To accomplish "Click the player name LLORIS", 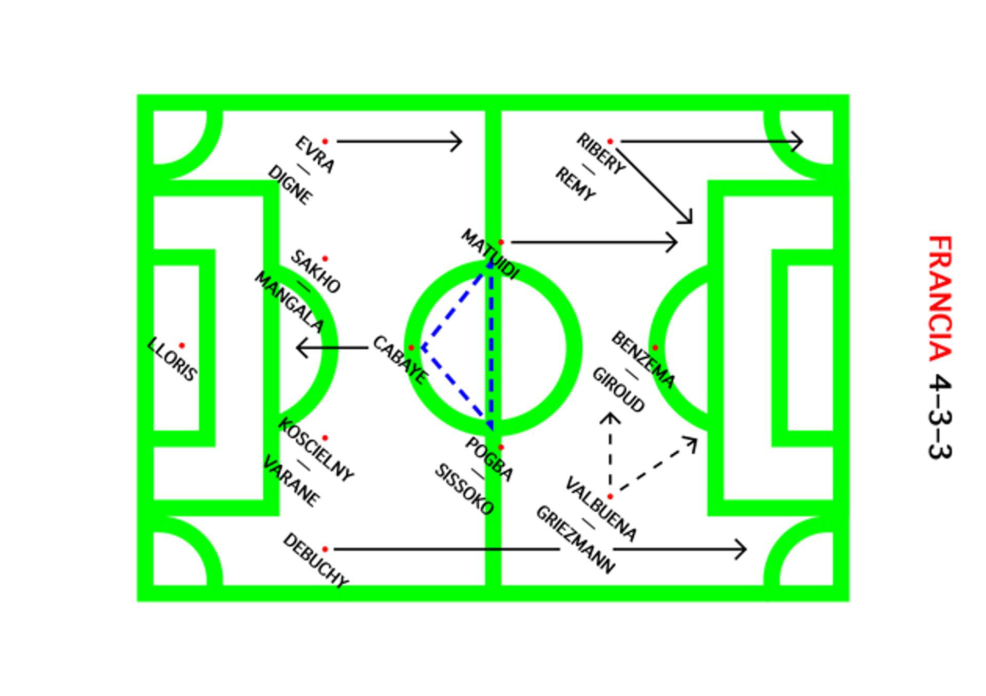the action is (172, 360).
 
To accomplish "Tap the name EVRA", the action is (315, 154).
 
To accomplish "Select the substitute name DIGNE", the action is (290, 185).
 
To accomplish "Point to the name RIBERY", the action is (601, 153).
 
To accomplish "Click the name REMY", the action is (575, 184).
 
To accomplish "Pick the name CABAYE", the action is (400, 360).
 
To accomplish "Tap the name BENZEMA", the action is (642, 359).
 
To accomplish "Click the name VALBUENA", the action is (601, 509).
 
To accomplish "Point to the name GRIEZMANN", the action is (575, 539).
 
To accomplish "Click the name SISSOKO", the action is (464, 489).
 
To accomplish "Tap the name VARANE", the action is (291, 480).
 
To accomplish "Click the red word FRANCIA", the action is (940, 298).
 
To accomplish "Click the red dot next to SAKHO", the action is (325, 259).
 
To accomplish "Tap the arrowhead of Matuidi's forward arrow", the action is (673, 242).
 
